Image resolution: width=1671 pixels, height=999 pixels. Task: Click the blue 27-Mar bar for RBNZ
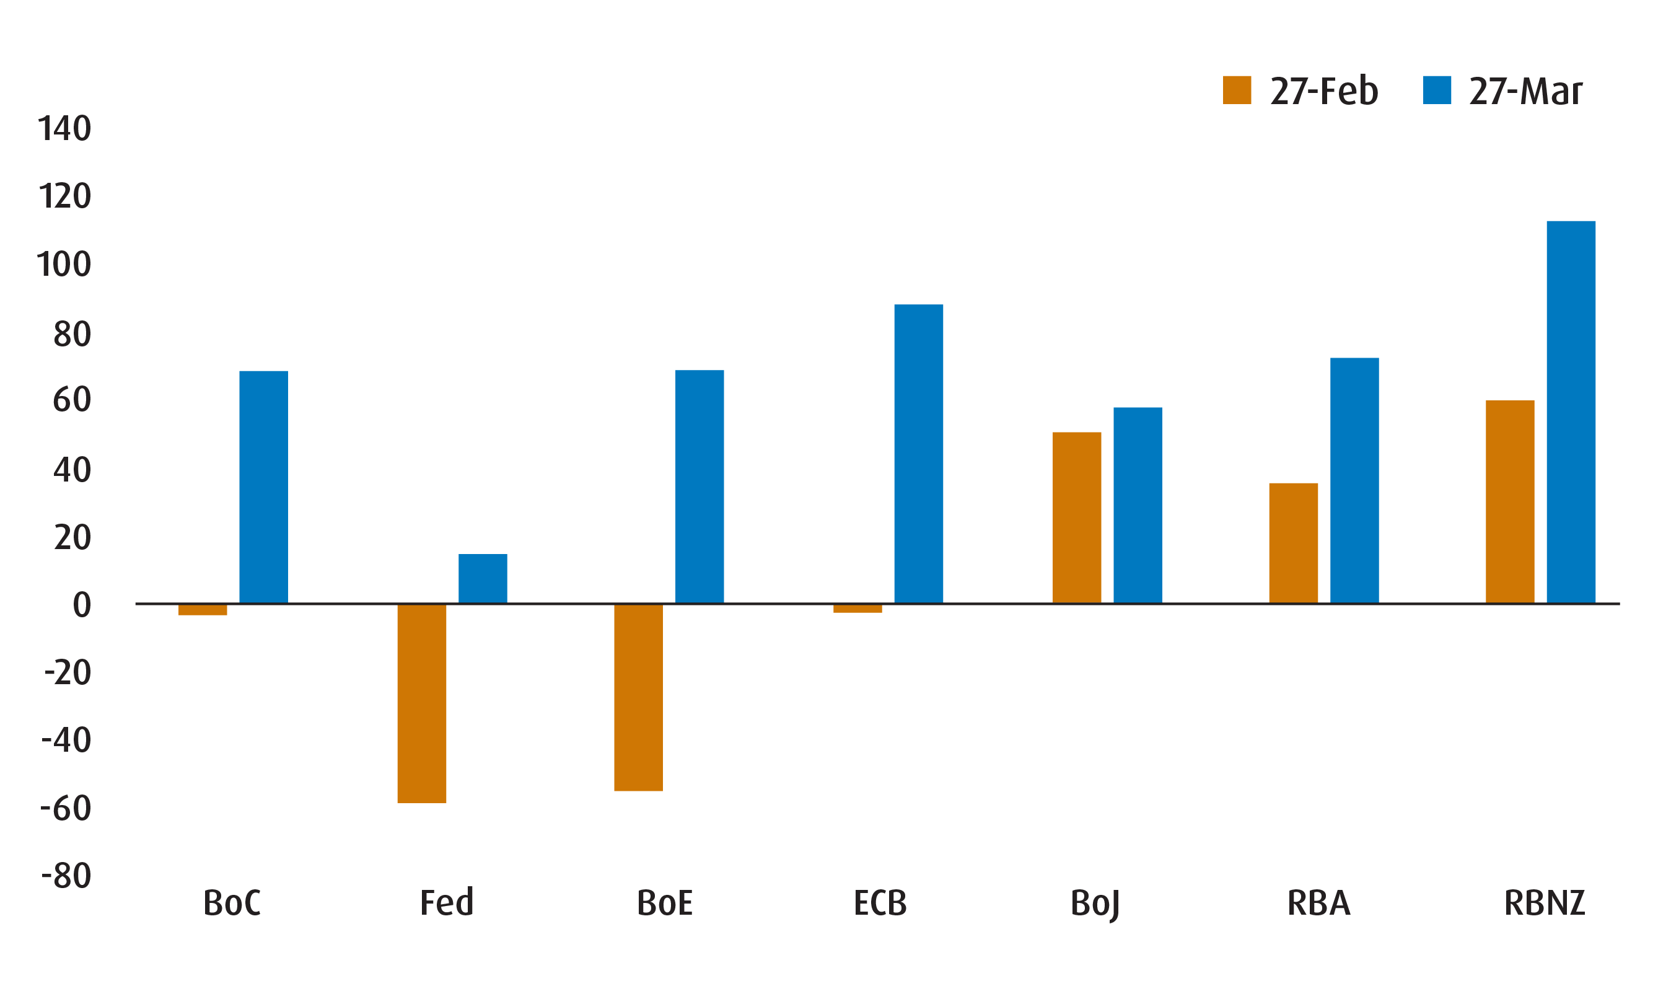1571,412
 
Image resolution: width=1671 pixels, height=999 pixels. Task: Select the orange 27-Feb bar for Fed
421,703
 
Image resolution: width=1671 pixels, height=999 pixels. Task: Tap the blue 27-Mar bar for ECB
918,454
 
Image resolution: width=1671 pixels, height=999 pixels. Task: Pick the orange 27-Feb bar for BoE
638,697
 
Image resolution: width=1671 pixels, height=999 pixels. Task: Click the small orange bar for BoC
203,610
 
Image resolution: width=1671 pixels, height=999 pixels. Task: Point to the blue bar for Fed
483,578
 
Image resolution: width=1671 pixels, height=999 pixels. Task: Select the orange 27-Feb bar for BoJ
1076,517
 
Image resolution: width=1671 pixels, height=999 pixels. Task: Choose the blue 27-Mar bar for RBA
1354,481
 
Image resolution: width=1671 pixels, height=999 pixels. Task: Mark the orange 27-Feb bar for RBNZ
1509,501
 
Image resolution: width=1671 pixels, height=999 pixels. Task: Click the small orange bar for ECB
857,609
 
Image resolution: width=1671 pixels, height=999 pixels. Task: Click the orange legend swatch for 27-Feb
1236,90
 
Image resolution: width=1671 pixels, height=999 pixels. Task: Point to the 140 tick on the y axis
64,128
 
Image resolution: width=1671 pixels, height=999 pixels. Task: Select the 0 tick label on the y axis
81,604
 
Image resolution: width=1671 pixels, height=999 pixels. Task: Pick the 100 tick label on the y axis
64,265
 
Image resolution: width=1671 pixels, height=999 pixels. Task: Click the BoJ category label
1094,904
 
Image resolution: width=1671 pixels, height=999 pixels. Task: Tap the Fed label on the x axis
446,903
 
